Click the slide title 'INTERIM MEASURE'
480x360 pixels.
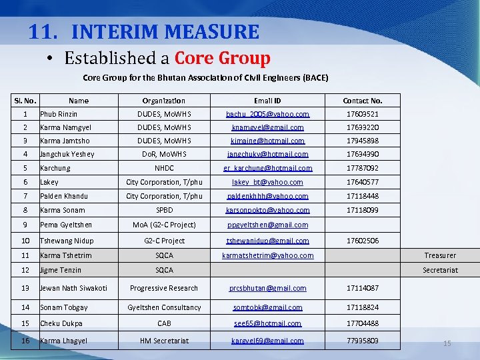[165, 31]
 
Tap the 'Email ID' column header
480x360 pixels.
[267, 101]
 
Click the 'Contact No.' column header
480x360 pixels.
[362, 101]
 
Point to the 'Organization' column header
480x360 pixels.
[164, 101]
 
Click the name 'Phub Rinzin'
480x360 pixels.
[59, 114]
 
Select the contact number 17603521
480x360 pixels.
[362, 114]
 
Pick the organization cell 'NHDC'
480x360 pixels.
[164, 168]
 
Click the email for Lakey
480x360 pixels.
[267, 182]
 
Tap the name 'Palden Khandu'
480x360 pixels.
[63, 196]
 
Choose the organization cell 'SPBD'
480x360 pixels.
[164, 210]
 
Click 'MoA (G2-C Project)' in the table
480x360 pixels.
[164, 225]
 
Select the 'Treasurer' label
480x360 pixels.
[440, 255]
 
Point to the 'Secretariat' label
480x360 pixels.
[440, 270]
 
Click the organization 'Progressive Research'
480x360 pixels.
[164, 288]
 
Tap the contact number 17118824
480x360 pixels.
[362, 307]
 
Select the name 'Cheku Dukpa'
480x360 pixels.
[61, 323]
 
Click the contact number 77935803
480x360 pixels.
[362, 341]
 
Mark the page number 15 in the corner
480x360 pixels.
[447, 343]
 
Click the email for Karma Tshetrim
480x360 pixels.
[267, 255]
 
